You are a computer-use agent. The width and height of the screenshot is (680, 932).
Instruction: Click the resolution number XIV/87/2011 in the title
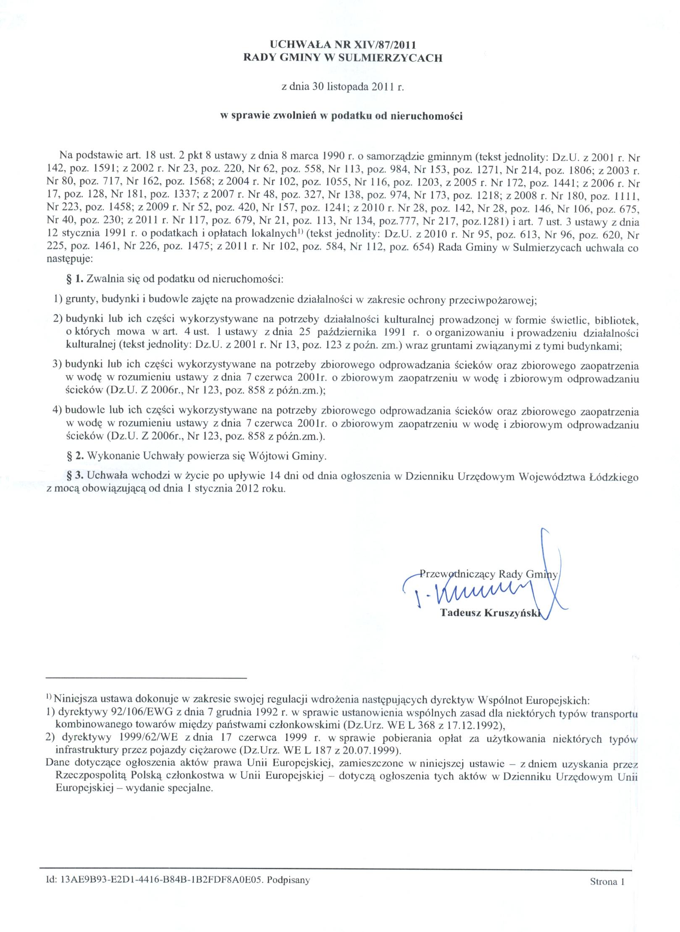click(x=385, y=45)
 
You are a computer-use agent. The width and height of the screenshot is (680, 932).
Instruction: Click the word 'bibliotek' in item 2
click(x=618, y=321)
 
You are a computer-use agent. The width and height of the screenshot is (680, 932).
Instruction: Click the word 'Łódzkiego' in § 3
click(x=616, y=477)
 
